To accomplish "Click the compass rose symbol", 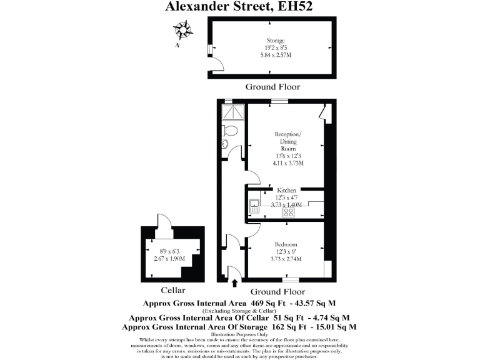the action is click(x=182, y=29).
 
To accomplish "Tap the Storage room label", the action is click(x=276, y=41).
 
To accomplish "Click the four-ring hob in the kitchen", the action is click(x=289, y=211).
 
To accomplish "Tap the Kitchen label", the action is click(x=287, y=190).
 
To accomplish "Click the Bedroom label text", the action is click(x=286, y=244).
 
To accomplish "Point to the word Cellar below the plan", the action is click(x=173, y=291).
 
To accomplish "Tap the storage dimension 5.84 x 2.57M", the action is click(x=276, y=56).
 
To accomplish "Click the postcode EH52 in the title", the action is click(x=295, y=7).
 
